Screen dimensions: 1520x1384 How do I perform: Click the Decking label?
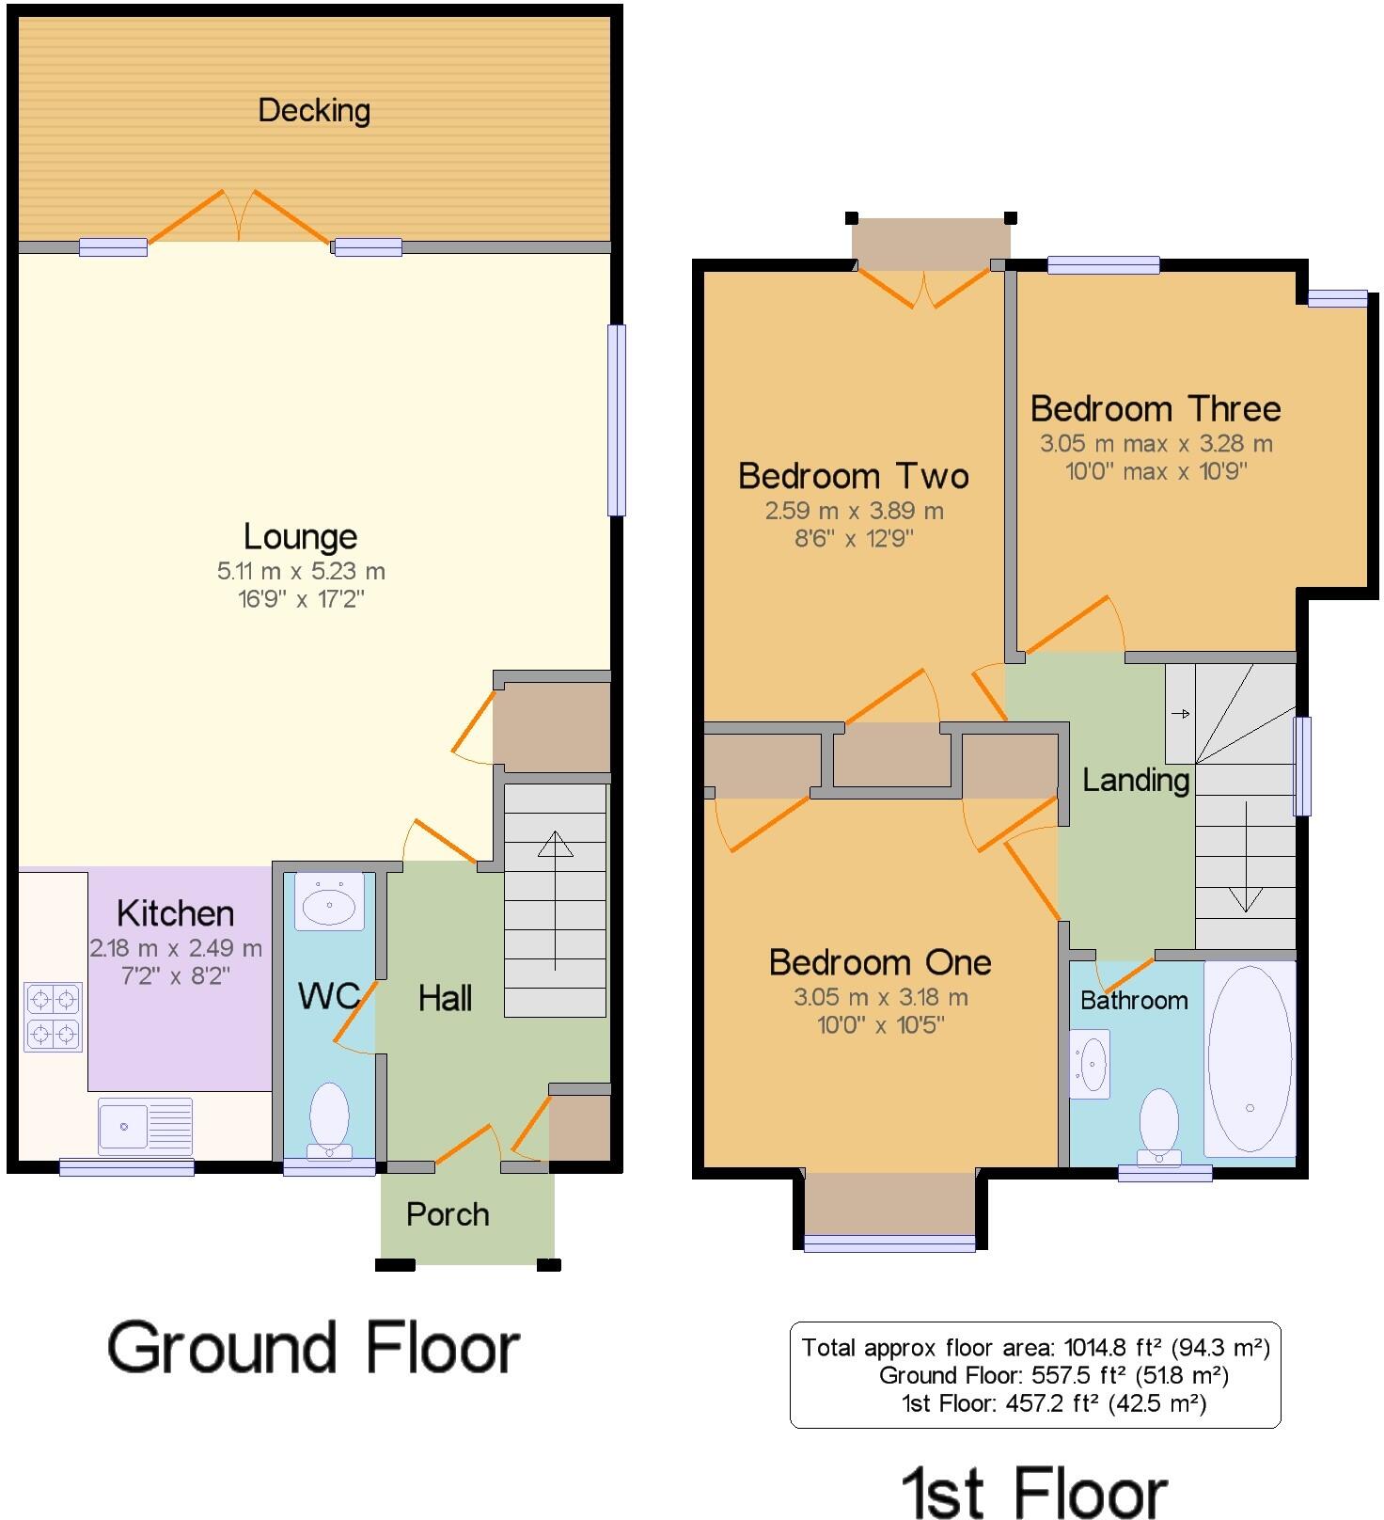[x=314, y=111]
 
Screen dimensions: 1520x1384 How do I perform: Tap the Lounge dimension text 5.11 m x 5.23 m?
[x=301, y=571]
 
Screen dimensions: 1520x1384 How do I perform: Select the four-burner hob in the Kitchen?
[x=54, y=1017]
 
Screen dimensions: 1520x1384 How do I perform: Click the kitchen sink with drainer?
[x=145, y=1125]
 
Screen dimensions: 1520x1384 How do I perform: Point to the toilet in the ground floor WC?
[x=329, y=1119]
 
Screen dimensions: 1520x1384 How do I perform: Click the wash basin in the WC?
[x=329, y=903]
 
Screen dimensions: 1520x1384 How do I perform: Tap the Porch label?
[x=448, y=1214]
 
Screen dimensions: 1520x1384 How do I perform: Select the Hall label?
[x=445, y=998]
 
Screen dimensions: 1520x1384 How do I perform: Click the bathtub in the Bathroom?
[x=1250, y=1058]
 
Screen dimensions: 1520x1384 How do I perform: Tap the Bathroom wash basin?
[x=1091, y=1064]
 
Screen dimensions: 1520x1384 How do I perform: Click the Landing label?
[x=1136, y=780]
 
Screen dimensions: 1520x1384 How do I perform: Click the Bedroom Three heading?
[x=1156, y=409]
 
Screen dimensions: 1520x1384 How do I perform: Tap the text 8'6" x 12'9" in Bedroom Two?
[x=854, y=539]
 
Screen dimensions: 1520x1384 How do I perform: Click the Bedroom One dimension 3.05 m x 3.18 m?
[x=880, y=997]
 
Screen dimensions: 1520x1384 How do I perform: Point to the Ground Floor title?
[x=313, y=1348]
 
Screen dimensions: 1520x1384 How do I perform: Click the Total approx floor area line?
[x=1035, y=1348]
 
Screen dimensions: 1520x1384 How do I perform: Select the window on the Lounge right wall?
[x=616, y=420]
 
